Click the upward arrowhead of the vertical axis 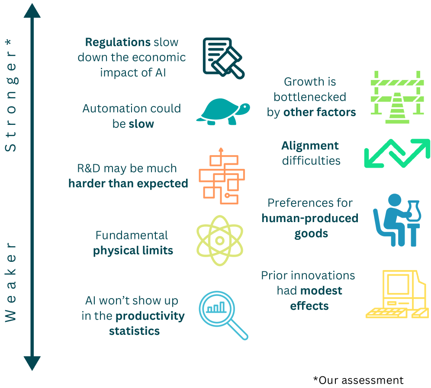32,12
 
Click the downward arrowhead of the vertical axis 32,363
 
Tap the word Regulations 118,42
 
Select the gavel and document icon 224,58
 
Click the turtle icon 223,111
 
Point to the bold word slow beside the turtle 141,124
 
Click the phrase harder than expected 128,184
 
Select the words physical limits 133,251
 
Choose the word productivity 150,316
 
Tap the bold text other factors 320,112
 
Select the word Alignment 310,146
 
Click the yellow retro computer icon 397,294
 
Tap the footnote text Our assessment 361,380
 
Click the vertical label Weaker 10,282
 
